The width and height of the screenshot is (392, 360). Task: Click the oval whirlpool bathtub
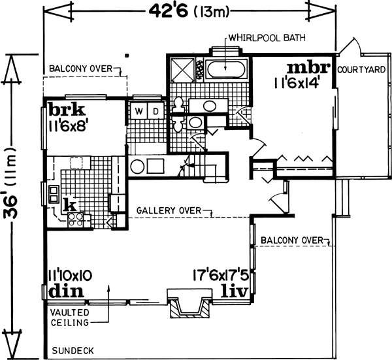click(x=225, y=67)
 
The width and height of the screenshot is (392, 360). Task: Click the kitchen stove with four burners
click(x=73, y=218)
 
